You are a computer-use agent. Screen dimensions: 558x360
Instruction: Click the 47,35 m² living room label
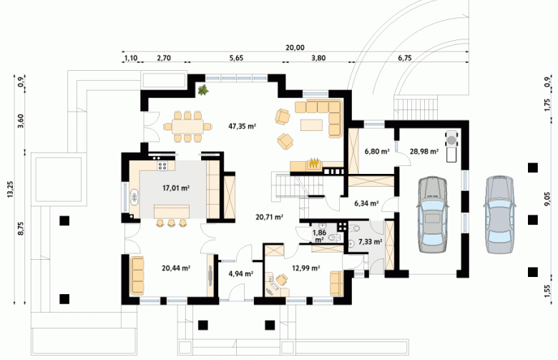[243, 126]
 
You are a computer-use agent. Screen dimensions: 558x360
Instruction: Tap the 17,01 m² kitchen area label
[176, 188]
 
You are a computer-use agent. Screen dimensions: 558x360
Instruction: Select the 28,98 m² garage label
[424, 151]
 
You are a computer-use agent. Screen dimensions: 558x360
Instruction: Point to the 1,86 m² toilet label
[319, 235]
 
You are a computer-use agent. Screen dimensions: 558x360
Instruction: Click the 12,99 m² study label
[305, 268]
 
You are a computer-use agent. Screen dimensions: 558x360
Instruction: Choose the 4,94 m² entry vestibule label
[241, 273]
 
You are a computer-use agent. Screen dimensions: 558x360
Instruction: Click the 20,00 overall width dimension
[295, 48]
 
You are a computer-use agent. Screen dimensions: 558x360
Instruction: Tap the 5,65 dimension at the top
[236, 58]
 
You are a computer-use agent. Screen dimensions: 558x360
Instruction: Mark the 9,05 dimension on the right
[547, 200]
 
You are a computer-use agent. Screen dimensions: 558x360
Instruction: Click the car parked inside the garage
[432, 215]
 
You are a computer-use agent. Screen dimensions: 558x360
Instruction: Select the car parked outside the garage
[499, 215]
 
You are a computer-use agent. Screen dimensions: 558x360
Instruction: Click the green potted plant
[203, 90]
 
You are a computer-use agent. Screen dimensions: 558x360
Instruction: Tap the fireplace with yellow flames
[313, 164]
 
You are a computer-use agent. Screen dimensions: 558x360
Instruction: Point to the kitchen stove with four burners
[162, 165]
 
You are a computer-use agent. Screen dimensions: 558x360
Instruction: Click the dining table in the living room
[188, 127]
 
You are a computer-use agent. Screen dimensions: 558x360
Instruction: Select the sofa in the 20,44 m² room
[137, 276]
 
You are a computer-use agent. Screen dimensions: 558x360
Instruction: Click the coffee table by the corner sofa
[311, 125]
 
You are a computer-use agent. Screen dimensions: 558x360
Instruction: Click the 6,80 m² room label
[377, 151]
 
